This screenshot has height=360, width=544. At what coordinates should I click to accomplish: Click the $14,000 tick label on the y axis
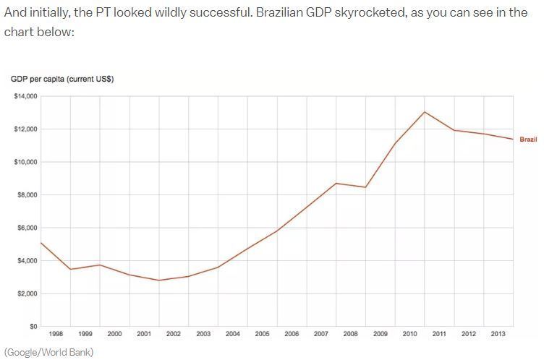26,96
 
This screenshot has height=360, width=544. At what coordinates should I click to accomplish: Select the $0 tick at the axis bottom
33,327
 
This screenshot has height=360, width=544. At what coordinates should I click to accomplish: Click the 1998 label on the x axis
56,334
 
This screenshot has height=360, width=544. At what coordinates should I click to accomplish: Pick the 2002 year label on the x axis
174,334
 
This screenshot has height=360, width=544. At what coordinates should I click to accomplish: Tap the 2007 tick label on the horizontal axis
321,334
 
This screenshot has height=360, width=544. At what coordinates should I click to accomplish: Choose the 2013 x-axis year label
498,334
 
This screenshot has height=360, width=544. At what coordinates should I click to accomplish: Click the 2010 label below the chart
409,334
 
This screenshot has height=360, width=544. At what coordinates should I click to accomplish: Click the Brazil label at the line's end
528,140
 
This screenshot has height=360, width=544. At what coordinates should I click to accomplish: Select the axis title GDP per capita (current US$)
61,79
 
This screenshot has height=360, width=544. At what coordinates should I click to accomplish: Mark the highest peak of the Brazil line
425,112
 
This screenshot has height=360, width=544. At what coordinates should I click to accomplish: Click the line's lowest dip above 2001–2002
159,280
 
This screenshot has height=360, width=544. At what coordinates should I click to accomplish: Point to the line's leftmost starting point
41,243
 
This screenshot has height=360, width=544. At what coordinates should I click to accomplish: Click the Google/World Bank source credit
49,352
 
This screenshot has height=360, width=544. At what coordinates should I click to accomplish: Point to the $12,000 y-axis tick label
26,129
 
